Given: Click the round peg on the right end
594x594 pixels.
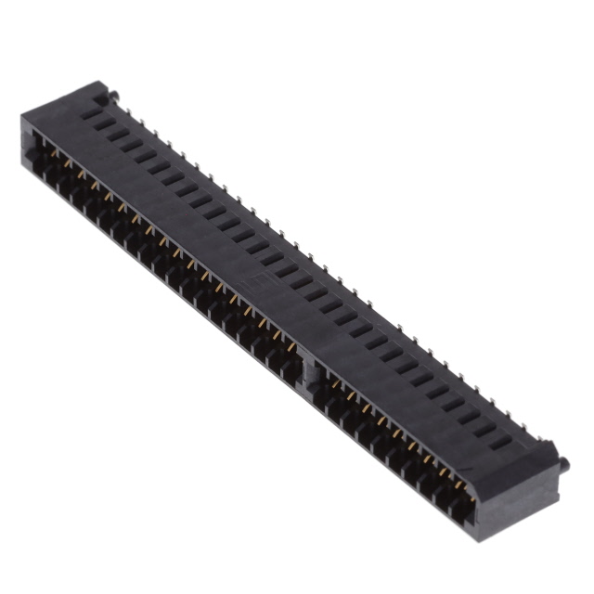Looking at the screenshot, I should pyautogui.click(x=564, y=460).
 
